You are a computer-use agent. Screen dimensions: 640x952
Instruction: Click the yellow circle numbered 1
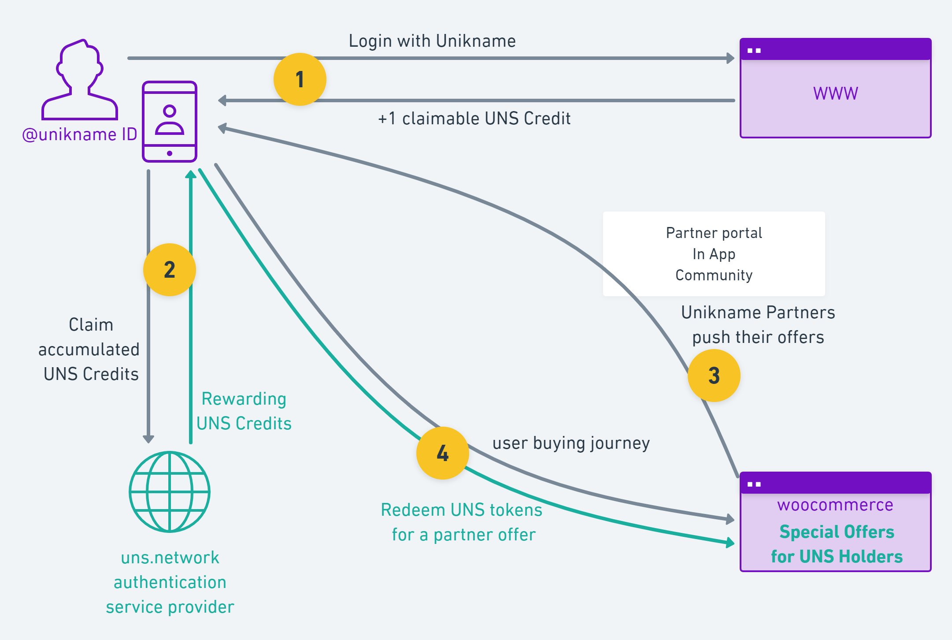coord(300,79)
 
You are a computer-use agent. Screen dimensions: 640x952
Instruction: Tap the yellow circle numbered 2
coord(170,270)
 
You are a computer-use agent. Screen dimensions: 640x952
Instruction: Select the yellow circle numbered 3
coord(714,376)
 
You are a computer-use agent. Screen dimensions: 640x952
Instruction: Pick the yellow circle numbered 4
coord(442,453)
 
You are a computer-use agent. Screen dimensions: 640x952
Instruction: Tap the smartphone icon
coord(170,122)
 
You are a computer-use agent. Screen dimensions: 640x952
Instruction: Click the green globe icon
coord(170,491)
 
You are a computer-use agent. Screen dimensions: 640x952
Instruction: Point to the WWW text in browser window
coord(835,93)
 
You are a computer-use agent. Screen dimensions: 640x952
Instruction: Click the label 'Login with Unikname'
coord(432,41)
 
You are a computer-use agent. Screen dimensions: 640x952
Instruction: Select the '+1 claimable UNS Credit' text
coord(474,119)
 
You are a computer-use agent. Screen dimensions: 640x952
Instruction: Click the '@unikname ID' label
coord(80,134)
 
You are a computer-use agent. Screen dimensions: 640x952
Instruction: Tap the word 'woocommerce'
coord(835,505)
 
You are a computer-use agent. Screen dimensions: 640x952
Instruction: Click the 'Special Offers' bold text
coord(837,532)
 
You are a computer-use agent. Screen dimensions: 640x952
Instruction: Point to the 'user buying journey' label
coord(571,443)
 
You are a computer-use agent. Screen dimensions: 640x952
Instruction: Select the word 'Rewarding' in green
coord(244,399)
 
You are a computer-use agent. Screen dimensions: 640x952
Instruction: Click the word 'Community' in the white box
coord(714,275)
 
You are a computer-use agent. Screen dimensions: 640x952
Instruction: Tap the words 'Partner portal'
coord(714,233)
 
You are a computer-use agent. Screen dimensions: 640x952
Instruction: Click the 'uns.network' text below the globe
coord(170,558)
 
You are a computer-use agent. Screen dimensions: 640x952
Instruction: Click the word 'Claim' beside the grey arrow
coord(91,325)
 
